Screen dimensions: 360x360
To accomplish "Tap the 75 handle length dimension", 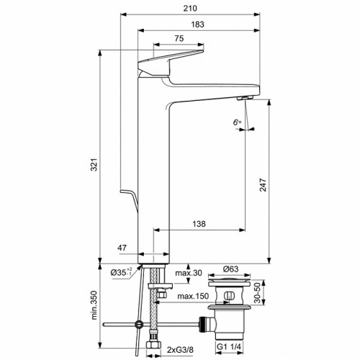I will tap(177, 39).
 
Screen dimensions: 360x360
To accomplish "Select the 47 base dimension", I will tap(124, 248).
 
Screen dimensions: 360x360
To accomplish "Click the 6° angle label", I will tap(238, 123).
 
